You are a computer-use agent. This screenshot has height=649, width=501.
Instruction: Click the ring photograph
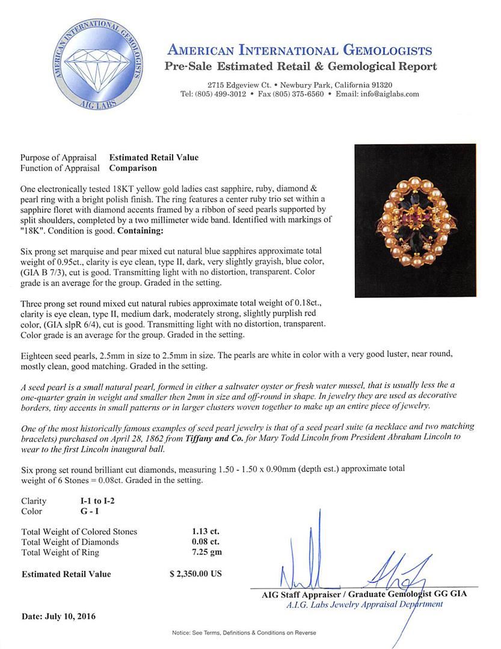point(415,221)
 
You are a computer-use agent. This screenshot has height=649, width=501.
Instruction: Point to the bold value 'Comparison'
point(133,168)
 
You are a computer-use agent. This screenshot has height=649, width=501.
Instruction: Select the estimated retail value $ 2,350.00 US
point(195,574)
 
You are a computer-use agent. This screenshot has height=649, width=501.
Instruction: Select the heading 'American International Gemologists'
point(299,50)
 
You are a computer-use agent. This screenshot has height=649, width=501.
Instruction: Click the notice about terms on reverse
point(244,633)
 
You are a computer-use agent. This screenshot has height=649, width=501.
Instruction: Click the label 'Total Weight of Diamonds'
point(70,542)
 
